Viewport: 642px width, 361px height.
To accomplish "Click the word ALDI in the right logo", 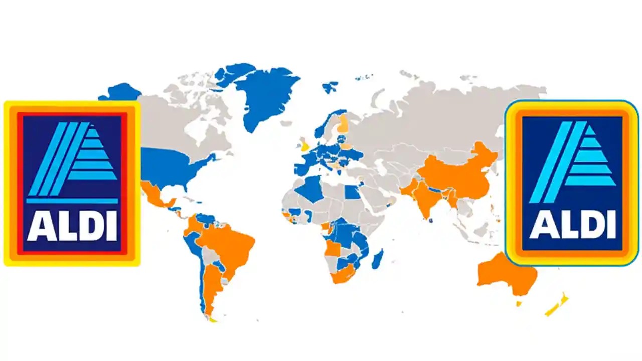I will pos(572,224).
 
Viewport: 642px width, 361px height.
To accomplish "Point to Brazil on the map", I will pos(228,246).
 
